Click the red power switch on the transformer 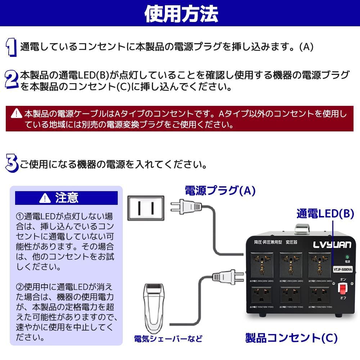343,288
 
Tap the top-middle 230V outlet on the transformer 291,262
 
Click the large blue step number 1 12,48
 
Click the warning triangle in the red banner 16,114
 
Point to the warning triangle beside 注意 45,198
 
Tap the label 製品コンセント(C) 291,338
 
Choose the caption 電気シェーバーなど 168,339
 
